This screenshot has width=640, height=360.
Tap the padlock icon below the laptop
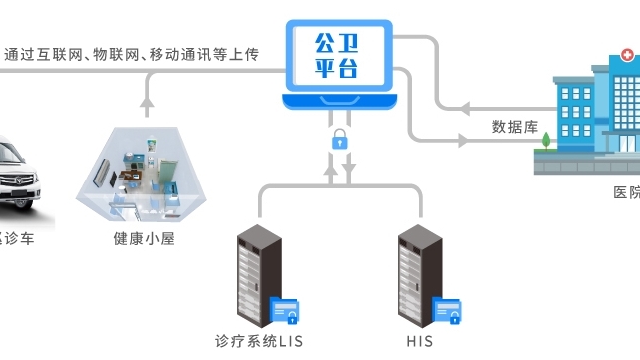click(340, 138)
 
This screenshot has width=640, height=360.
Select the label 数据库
click(514, 127)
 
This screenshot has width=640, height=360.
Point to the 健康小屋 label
click(145, 239)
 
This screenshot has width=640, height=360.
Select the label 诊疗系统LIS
click(259, 342)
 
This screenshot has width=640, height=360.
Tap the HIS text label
click(420, 342)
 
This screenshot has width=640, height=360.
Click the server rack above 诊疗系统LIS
click(255, 274)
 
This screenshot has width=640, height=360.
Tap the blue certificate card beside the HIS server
click(447, 311)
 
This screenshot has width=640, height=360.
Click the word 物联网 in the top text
click(118, 54)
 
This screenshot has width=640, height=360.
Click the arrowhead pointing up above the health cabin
click(148, 100)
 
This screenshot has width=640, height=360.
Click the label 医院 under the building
click(626, 192)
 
